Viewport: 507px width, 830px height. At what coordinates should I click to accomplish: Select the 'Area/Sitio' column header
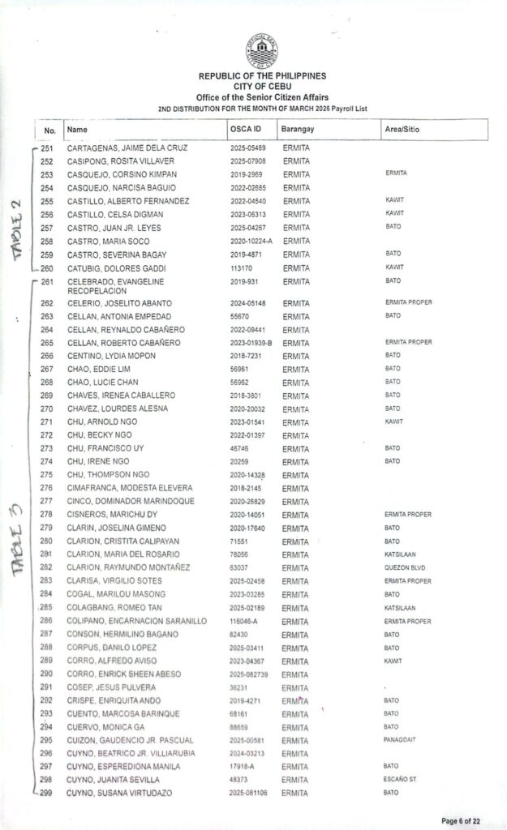tap(402, 130)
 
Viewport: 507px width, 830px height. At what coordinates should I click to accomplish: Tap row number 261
tap(46, 282)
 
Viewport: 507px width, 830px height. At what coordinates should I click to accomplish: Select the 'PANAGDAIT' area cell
tap(401, 740)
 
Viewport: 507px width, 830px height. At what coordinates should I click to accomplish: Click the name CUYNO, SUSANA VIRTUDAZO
tap(119, 793)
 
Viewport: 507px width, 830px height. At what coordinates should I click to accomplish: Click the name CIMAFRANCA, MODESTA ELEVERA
tap(130, 488)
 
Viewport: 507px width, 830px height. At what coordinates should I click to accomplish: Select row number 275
tap(46, 475)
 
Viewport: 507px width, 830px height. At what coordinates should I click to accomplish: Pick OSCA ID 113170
tap(242, 267)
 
